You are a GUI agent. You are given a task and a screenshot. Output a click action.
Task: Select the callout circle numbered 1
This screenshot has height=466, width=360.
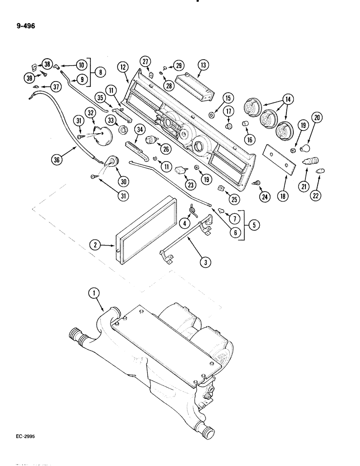(x=94, y=293)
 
